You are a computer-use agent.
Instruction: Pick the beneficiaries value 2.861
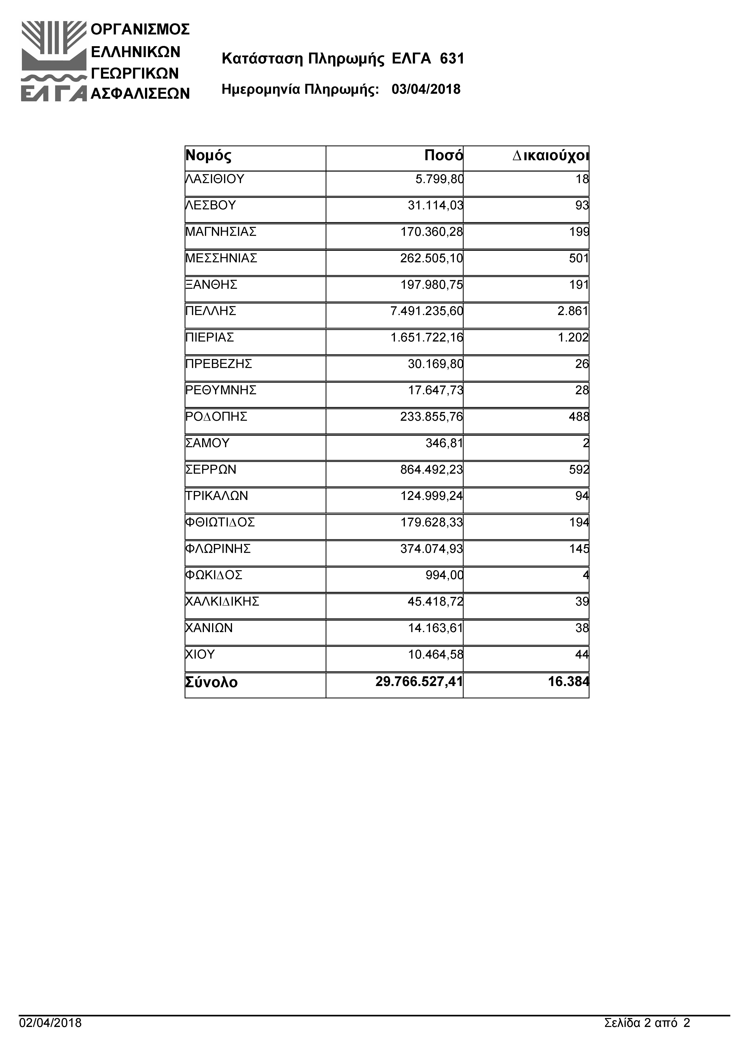[573, 311]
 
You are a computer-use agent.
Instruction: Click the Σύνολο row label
[211, 682]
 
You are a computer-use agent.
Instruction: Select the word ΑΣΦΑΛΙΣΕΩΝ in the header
[140, 94]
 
